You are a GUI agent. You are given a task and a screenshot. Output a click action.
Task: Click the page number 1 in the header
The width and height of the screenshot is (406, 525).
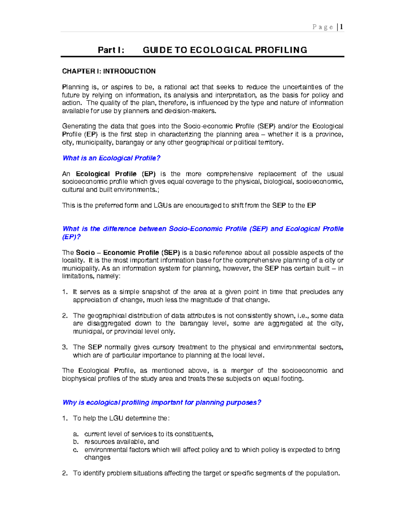[342, 27]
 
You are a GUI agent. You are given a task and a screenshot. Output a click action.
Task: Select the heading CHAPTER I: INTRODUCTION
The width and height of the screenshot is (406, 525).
[109, 71]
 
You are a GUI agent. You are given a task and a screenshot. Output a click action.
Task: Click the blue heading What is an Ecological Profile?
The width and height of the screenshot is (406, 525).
[111, 158]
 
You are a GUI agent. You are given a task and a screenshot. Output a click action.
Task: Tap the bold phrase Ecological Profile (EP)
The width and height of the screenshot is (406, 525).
[116, 174]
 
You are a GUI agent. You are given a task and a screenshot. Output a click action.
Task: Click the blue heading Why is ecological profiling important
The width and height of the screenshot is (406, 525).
[162, 403]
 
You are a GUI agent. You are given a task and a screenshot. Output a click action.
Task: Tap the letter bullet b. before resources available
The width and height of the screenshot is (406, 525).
[76, 442]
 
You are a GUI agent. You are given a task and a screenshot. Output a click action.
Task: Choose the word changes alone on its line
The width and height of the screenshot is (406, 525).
[97, 458]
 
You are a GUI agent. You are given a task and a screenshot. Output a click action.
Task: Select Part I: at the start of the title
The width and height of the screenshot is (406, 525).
[111, 50]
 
